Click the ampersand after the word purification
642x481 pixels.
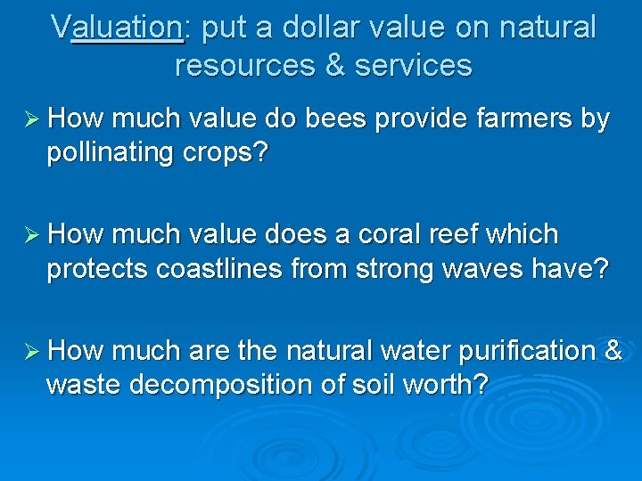pyautogui.click(x=614, y=351)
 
